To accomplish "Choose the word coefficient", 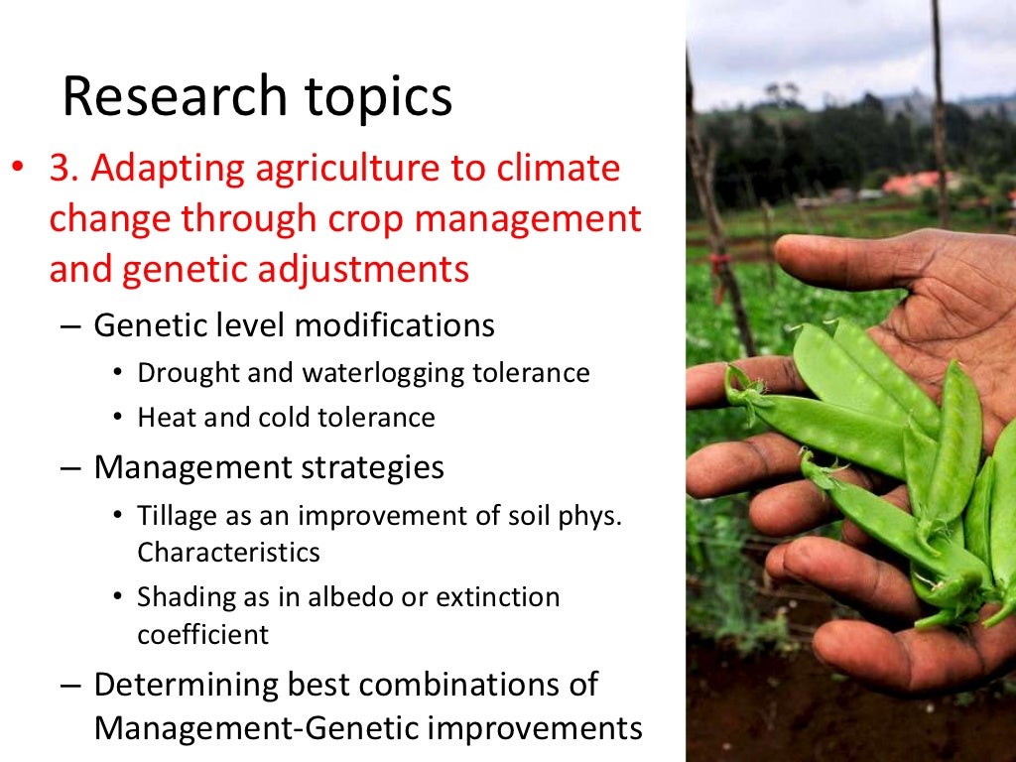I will [202, 634].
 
